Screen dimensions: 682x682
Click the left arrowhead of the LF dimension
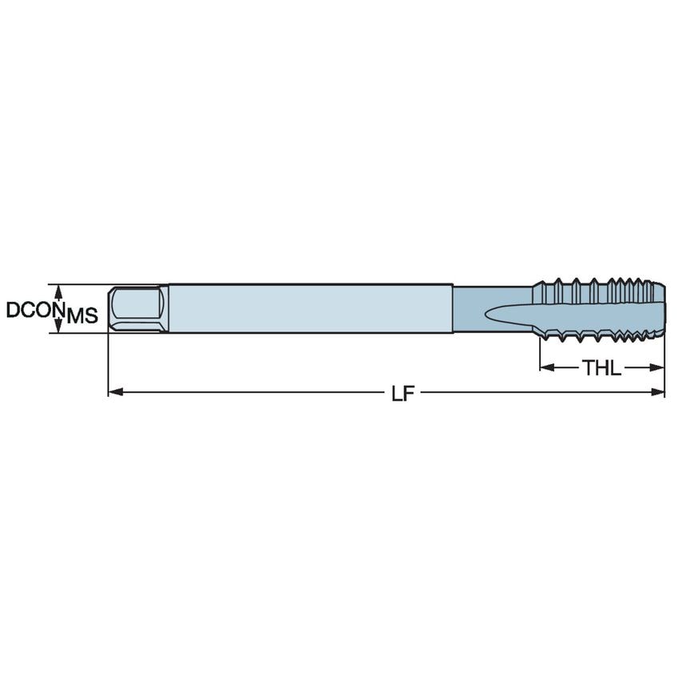point(113,392)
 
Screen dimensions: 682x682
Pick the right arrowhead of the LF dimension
point(659,392)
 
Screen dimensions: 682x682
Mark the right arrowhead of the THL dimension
point(659,367)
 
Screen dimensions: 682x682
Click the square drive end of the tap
point(137,308)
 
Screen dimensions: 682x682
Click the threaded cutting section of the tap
point(599,307)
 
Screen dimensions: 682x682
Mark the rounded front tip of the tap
point(660,307)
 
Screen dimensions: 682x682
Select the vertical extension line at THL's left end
point(541,355)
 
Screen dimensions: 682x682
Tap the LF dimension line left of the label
point(256,392)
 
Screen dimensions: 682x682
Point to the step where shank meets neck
point(454,308)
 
